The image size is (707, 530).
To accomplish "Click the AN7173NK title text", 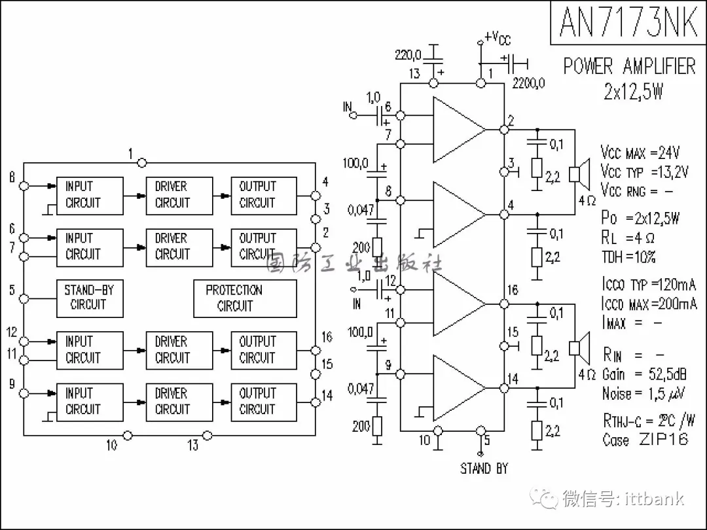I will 628,22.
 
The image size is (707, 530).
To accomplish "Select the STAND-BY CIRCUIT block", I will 88,298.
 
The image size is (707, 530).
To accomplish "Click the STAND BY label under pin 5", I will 484,468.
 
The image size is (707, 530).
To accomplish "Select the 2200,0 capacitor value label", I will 528,83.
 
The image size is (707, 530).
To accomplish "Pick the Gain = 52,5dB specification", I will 644,374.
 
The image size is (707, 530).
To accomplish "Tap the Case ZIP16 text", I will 645,440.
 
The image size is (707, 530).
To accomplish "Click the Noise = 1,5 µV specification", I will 644,393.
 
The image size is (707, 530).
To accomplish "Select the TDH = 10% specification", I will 628,256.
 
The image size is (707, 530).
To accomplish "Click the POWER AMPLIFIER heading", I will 629,66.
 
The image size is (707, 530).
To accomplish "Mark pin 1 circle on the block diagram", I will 143,162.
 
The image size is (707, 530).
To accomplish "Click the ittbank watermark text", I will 622,499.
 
